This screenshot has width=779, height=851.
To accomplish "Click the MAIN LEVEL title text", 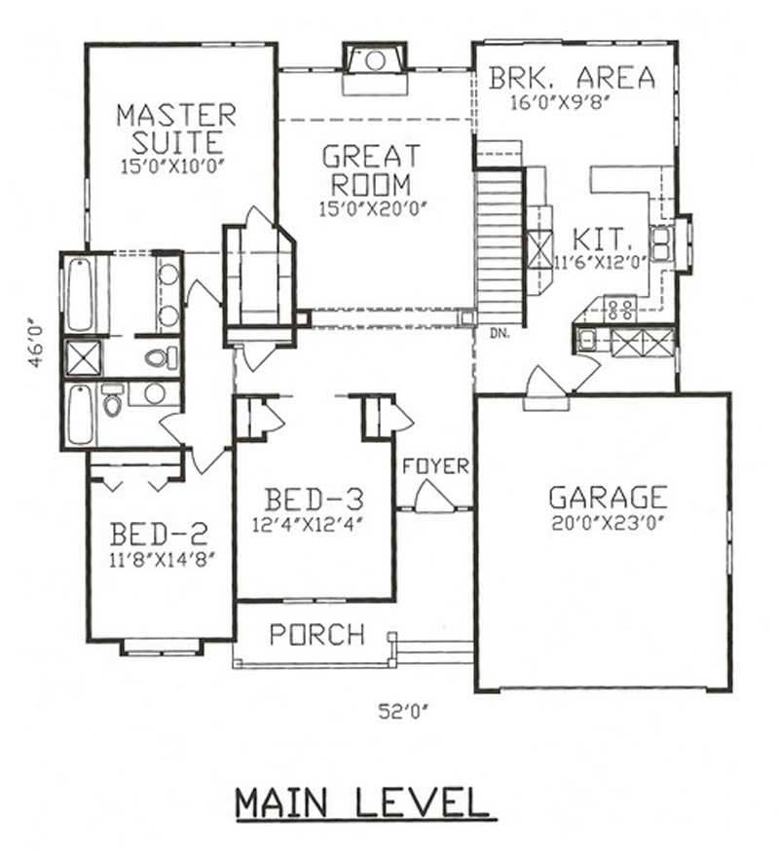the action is pyautogui.click(x=366, y=803).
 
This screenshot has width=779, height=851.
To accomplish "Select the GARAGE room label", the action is pyautogui.click(x=608, y=497).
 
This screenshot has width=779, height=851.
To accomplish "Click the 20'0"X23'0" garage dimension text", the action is pyautogui.click(x=608, y=523).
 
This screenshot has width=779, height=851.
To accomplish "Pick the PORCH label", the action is pyautogui.click(x=317, y=634).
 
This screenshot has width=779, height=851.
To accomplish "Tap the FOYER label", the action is pyautogui.click(x=435, y=466).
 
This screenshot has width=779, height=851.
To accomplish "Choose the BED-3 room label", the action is pyautogui.click(x=315, y=499).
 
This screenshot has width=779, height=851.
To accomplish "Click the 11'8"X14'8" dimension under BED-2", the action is pyautogui.click(x=159, y=560).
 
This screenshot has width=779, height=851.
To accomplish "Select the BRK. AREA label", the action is pyautogui.click(x=573, y=78).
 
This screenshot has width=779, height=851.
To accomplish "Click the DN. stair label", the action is pyautogui.click(x=500, y=334).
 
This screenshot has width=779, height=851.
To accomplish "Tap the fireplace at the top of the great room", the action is pyautogui.click(x=375, y=68).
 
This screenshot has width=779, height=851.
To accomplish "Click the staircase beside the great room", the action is pyautogui.click(x=500, y=247).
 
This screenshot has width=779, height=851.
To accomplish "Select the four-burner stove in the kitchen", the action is pyautogui.click(x=620, y=309).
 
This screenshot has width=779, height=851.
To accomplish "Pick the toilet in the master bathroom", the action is pyautogui.click(x=161, y=357).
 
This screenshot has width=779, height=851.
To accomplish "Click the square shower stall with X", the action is pyautogui.click(x=84, y=358).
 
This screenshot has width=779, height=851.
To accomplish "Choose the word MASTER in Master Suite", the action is pyautogui.click(x=177, y=116).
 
